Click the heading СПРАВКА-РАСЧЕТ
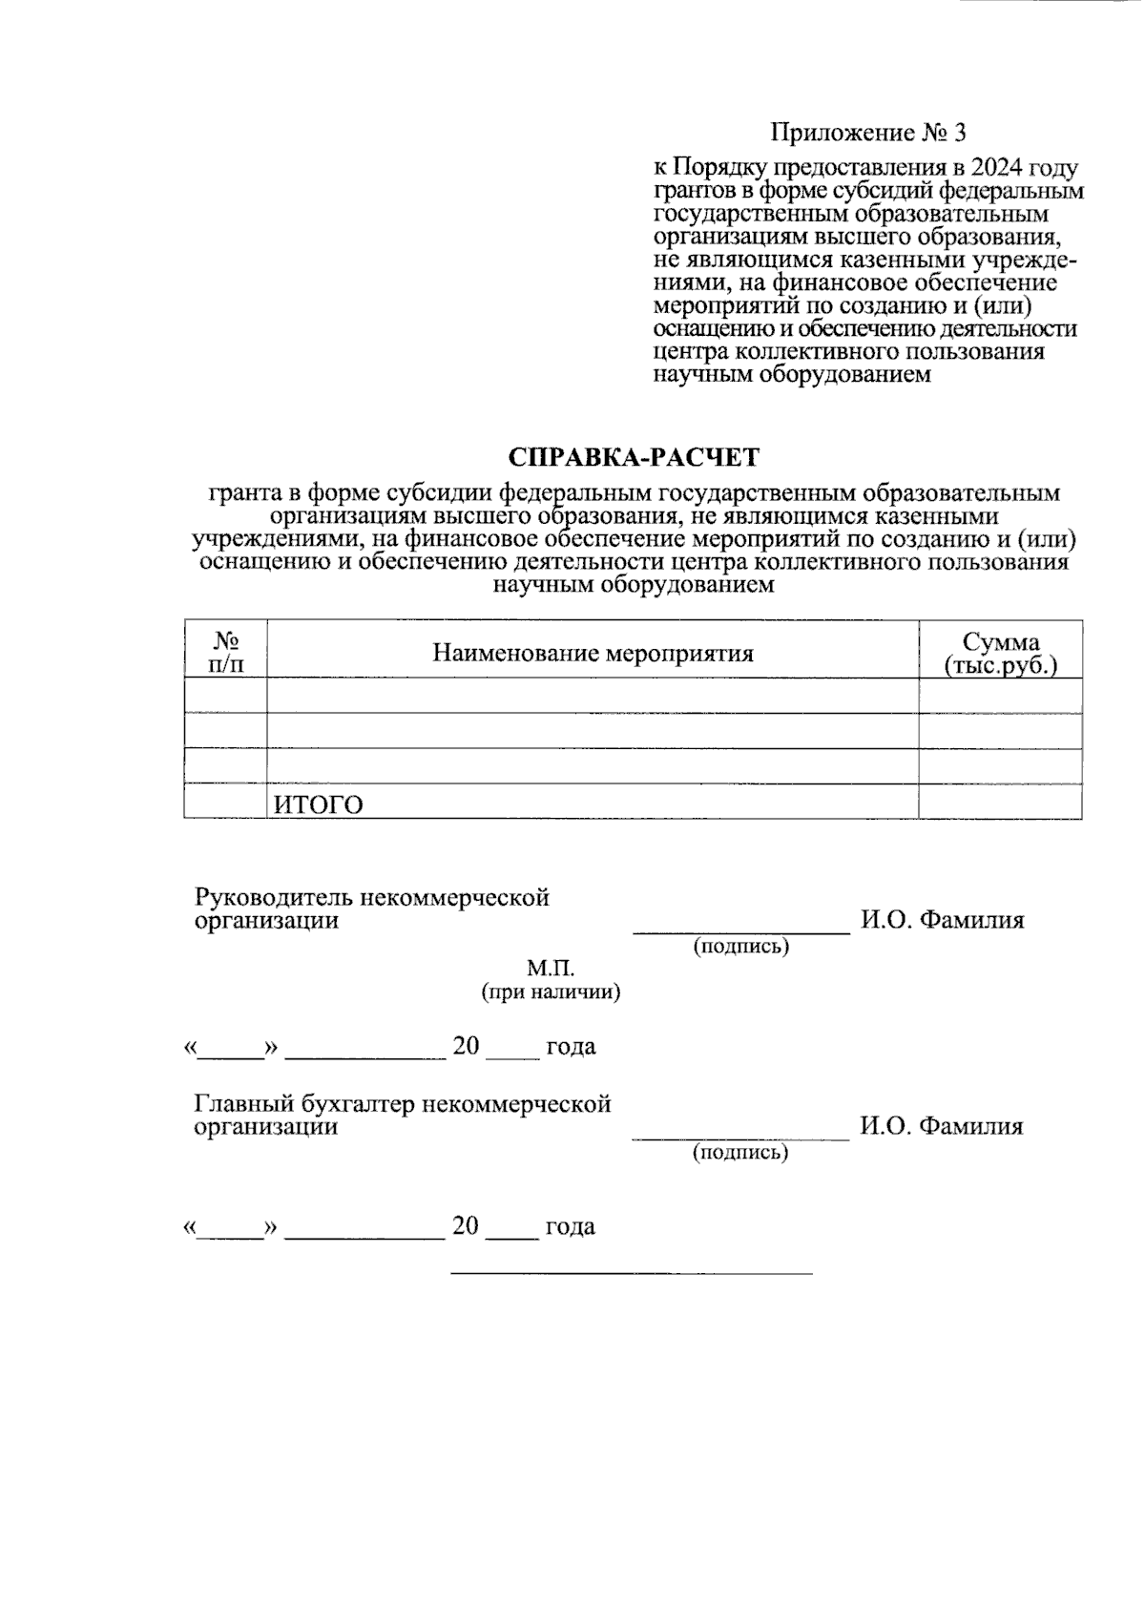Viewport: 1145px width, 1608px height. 633,457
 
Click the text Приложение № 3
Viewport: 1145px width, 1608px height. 868,132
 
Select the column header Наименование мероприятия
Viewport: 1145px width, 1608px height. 593,653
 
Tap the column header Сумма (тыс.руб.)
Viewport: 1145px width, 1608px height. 1000,653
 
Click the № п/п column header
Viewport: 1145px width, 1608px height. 225,651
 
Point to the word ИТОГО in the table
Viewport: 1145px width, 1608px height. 319,804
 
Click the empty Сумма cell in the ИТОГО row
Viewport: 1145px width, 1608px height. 1000,802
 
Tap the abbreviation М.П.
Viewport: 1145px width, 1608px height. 551,969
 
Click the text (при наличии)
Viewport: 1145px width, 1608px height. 551,992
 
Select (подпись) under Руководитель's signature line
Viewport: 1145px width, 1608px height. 740,946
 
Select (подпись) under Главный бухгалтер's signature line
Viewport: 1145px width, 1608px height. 740,1152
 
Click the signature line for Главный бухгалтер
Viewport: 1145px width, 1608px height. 740,1138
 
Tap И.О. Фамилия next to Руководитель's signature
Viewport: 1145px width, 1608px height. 942,920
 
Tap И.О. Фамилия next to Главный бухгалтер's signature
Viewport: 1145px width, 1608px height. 942,1126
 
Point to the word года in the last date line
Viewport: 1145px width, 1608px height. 570,1226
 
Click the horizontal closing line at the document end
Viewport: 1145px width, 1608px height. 631,1273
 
